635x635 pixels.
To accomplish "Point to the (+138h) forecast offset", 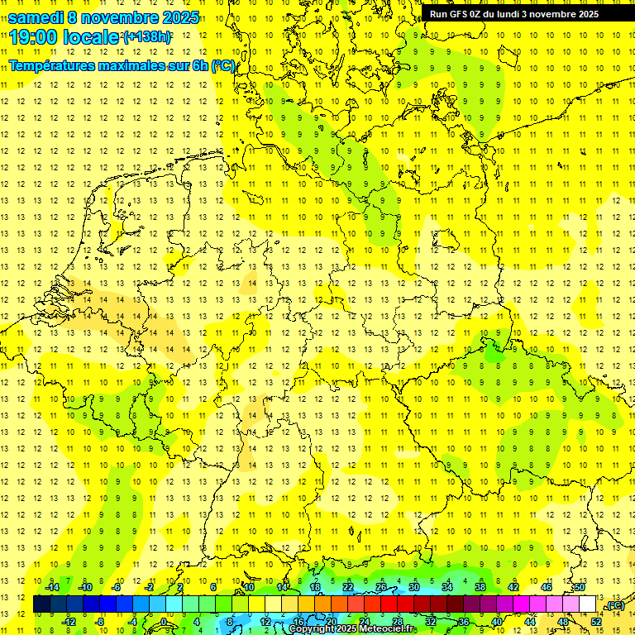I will point(147,36).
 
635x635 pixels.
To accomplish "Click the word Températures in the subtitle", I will point(55,65).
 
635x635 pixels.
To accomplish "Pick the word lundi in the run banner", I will point(511,14).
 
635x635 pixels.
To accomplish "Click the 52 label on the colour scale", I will point(595,622).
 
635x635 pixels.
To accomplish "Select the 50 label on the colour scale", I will point(580,587).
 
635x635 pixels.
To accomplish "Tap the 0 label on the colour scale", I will point(165,622).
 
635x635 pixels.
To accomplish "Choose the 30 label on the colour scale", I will point(413,587).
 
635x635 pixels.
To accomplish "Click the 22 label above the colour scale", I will point(347,587).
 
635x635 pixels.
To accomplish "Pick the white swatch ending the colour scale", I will point(587,604).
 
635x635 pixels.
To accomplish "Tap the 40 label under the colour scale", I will point(496,622).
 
